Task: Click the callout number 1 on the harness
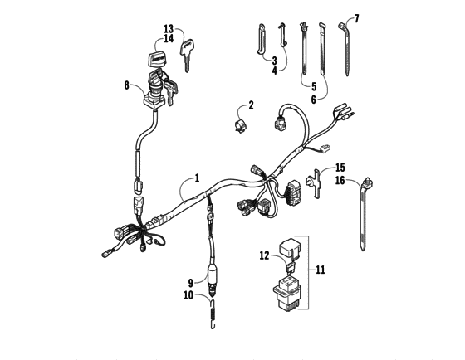[x=197, y=177]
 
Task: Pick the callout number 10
[x=190, y=294]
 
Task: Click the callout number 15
[x=339, y=167]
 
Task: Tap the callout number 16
[x=339, y=179]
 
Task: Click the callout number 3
[x=273, y=61]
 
